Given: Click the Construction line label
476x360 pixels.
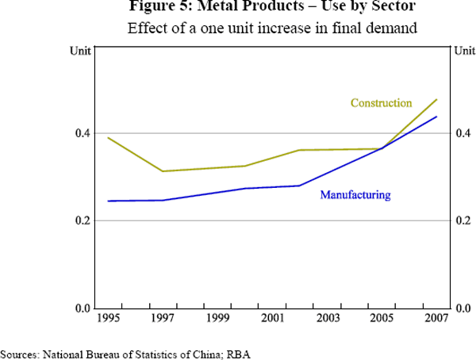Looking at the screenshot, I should click(x=381, y=103).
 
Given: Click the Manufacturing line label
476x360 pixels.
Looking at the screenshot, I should click(x=355, y=194).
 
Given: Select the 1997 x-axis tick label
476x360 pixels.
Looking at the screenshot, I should click(x=163, y=319).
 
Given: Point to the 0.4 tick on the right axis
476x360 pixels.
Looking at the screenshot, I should click(x=463, y=133).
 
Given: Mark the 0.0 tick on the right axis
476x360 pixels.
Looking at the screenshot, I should click(x=463, y=308).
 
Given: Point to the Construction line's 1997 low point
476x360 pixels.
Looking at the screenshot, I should click(x=163, y=171).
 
